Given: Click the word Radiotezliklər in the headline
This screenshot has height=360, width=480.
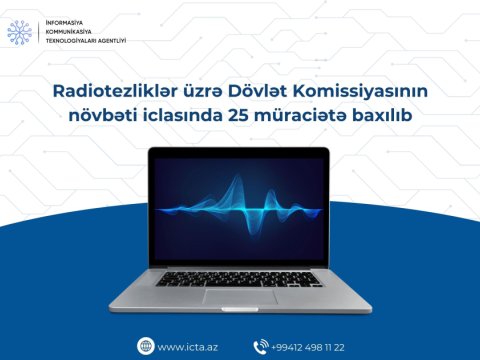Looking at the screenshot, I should (x=104, y=92).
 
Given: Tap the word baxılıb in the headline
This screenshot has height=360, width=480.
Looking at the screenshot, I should (x=390, y=118).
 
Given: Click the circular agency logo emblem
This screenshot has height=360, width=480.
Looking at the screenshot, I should (x=20, y=32).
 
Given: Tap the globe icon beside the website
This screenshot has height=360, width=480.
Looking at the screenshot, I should (x=146, y=346).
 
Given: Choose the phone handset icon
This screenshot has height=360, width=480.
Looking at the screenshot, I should (x=262, y=346).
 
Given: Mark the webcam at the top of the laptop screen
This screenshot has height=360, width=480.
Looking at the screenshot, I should (x=239, y=152).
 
